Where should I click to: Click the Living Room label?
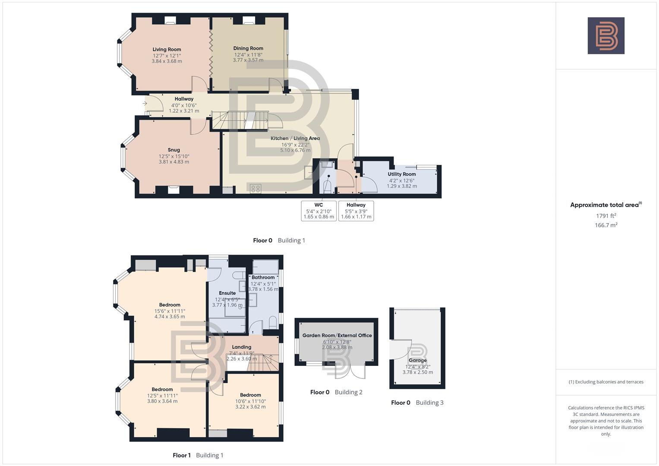click(x=167, y=49)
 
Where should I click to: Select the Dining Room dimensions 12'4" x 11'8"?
click(x=248, y=55)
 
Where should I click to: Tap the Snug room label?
click(x=174, y=150)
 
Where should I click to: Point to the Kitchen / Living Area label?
click(x=295, y=139)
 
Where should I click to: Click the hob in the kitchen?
click(x=255, y=188)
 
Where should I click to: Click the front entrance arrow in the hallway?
click(x=145, y=104)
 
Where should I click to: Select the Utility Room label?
click(x=402, y=174)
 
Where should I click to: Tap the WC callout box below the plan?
click(x=318, y=211)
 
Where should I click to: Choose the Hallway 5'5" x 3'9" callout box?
click(x=356, y=211)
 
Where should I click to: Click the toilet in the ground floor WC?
click(x=327, y=186)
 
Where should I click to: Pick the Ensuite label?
click(x=227, y=293)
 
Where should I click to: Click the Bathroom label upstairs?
click(x=263, y=277)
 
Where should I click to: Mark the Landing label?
click(x=241, y=347)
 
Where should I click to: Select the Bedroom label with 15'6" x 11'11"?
click(x=170, y=305)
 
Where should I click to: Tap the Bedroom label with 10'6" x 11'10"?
click(x=250, y=395)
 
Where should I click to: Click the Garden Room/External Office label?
click(x=337, y=335)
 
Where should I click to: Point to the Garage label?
click(x=417, y=360)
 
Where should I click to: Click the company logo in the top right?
click(x=606, y=36)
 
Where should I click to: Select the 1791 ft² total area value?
click(x=606, y=216)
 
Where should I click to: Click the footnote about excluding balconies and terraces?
click(x=606, y=382)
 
